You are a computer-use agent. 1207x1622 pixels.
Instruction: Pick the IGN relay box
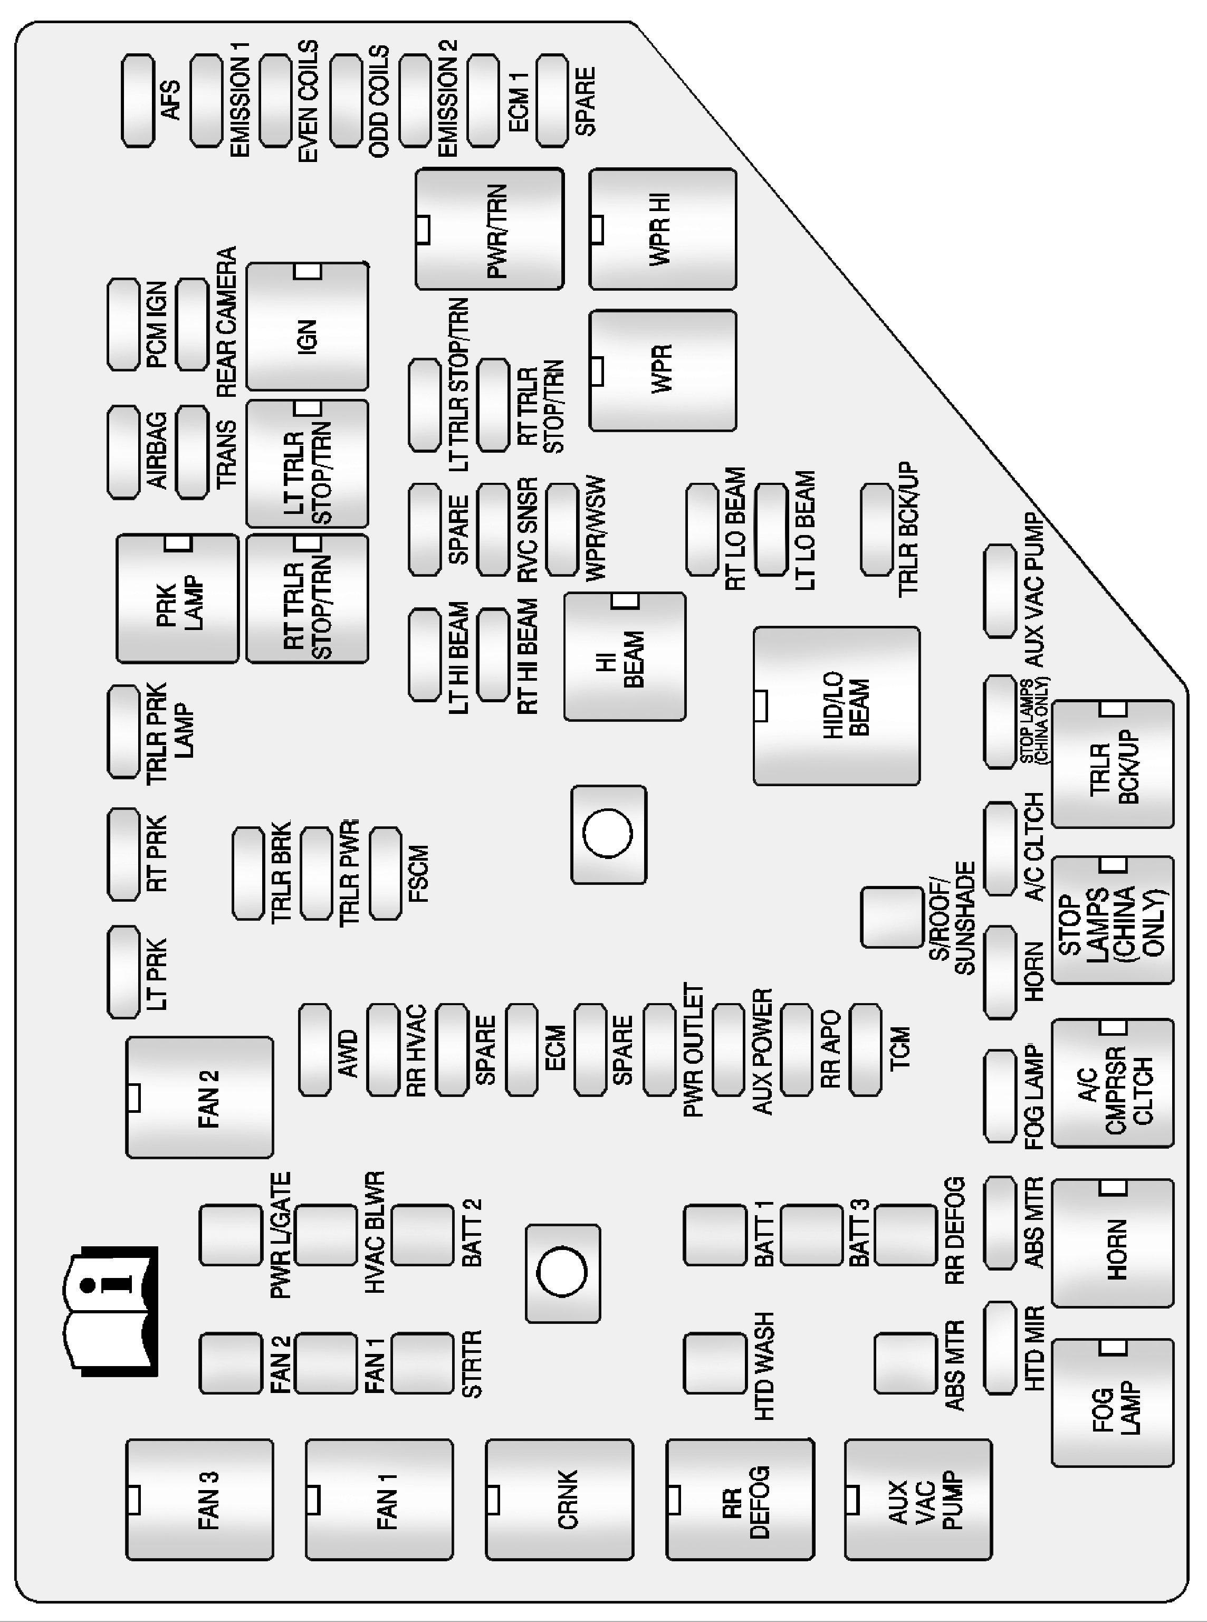coord(307,327)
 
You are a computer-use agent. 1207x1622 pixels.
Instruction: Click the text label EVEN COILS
coord(307,101)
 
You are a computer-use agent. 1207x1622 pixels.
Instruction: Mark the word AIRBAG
coord(157,451)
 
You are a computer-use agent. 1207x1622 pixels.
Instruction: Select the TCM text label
coord(900,1048)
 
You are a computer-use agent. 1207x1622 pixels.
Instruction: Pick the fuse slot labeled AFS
coord(137,101)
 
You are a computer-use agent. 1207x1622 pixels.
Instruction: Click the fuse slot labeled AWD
coord(315,1049)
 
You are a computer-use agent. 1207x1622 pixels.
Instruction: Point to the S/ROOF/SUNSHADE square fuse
coord(892,918)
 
